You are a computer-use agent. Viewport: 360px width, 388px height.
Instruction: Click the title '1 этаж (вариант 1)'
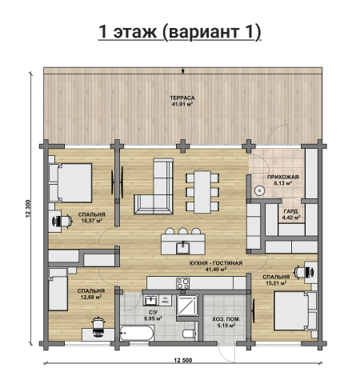point(180,32)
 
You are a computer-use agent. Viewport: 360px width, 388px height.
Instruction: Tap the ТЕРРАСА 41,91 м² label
point(182,101)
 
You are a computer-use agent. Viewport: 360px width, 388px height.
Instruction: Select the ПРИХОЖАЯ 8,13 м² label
point(282,180)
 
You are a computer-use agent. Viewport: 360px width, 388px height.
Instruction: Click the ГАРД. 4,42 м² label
point(291,214)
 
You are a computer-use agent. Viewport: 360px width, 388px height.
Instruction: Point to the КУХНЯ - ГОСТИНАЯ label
point(216,263)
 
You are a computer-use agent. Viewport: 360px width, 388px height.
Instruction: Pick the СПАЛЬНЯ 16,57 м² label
point(91,218)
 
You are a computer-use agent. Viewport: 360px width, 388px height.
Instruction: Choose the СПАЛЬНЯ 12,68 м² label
point(91,294)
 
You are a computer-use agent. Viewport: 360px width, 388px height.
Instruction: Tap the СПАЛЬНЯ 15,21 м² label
point(276,280)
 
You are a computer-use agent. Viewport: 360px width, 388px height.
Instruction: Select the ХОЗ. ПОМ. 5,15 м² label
point(226,322)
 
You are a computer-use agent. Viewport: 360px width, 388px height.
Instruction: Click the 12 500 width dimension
point(183,360)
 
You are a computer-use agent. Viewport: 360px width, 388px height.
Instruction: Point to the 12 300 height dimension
point(29,209)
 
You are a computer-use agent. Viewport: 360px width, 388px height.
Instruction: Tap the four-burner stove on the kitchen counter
point(182,283)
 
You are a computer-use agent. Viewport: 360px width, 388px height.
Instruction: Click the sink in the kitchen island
point(182,248)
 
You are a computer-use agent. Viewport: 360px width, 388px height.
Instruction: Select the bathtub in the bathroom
point(137,333)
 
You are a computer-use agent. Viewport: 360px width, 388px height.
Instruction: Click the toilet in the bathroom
point(190,334)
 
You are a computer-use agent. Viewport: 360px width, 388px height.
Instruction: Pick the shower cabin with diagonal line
point(187,305)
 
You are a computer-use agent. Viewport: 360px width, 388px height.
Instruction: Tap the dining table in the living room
point(202,192)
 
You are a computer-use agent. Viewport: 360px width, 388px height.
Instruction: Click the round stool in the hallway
point(259,190)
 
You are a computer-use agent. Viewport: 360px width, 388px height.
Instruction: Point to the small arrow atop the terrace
point(182,70)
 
